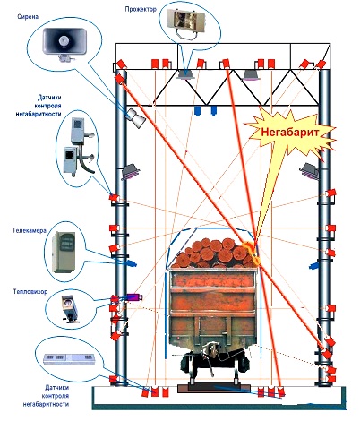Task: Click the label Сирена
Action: coord(28,17)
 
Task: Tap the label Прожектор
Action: coord(141,9)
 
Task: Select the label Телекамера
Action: coord(30,230)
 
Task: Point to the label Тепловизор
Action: coord(30,291)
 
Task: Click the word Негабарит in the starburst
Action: coord(290,132)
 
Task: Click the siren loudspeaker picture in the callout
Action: coord(64,44)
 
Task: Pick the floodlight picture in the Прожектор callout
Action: coord(186,21)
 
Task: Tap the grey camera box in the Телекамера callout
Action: coord(64,253)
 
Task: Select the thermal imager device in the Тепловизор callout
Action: coord(71,309)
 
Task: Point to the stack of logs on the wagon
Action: coord(214,253)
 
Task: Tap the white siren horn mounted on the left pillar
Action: coord(135,117)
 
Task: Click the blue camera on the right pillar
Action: coord(313,265)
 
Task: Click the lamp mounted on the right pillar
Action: coord(310,171)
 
